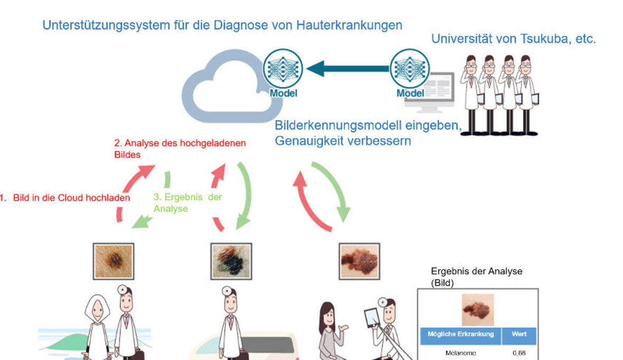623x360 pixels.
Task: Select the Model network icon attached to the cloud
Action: [283, 72]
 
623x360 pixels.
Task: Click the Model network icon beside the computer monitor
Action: [410, 72]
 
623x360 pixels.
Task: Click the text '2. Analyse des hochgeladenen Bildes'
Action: [180, 148]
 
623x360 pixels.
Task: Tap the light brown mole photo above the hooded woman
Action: [113, 261]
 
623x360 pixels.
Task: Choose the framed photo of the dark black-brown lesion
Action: [231, 261]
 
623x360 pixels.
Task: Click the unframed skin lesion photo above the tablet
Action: [359, 261]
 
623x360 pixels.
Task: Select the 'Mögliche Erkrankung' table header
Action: [460, 335]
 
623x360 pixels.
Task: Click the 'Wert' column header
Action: [519, 335]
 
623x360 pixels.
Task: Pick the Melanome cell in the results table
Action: [460, 353]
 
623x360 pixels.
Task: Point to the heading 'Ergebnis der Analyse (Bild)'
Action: [476, 277]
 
